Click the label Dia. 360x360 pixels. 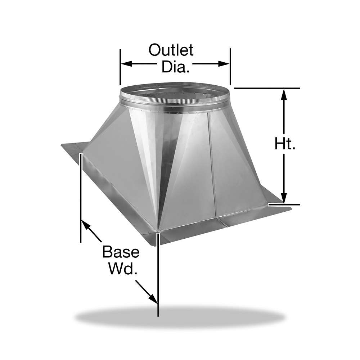tap(176, 67)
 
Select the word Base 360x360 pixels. tap(121, 252)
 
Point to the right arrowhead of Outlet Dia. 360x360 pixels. tap(224, 64)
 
